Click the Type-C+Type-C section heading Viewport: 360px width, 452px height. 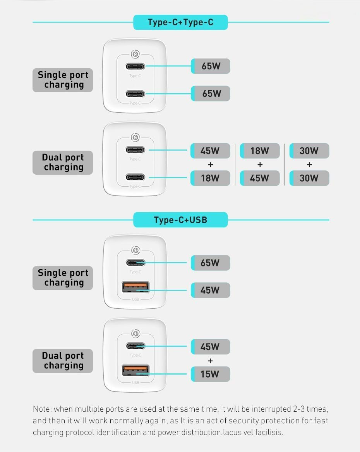click(x=180, y=22)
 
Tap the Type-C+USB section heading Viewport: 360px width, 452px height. click(x=180, y=220)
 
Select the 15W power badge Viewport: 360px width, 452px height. click(x=211, y=374)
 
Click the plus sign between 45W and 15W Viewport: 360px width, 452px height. click(x=211, y=361)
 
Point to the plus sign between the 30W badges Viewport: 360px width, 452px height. click(x=309, y=165)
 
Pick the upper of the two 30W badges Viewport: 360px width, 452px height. click(x=309, y=151)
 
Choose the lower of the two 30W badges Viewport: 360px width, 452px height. click(x=309, y=178)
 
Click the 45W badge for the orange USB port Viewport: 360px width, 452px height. click(x=211, y=290)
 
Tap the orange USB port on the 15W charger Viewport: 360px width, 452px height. click(x=135, y=370)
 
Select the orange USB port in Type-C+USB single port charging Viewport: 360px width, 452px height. click(x=135, y=287)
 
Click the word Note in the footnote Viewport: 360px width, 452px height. click(x=42, y=409)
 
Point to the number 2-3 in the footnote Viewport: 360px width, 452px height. click(x=299, y=409)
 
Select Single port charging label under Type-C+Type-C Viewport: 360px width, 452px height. click(x=63, y=80)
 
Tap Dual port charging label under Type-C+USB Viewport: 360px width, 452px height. click(x=63, y=361)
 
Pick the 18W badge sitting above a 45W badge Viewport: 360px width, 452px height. click(x=260, y=151)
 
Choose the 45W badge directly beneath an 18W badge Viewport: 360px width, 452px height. click(x=260, y=178)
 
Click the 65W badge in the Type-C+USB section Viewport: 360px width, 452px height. click(x=211, y=263)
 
